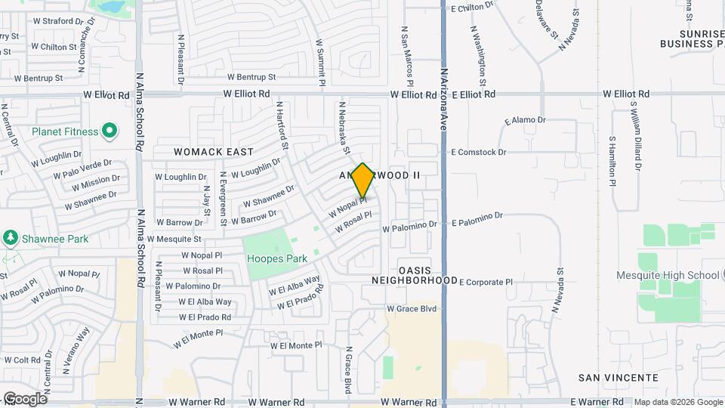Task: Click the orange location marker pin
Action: coord(363,181)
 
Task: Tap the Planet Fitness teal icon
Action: coord(110,131)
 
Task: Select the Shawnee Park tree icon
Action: coord(11,239)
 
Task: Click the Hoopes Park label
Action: coord(277,258)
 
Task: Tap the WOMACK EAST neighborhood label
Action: coord(214,152)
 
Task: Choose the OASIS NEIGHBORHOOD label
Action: coord(415,275)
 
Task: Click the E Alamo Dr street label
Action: coord(525,120)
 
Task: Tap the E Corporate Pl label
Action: coord(486,282)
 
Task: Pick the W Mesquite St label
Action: coord(184,239)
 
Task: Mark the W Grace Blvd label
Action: coord(412,308)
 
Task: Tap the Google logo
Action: coord(24,399)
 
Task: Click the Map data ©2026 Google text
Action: coord(677,402)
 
